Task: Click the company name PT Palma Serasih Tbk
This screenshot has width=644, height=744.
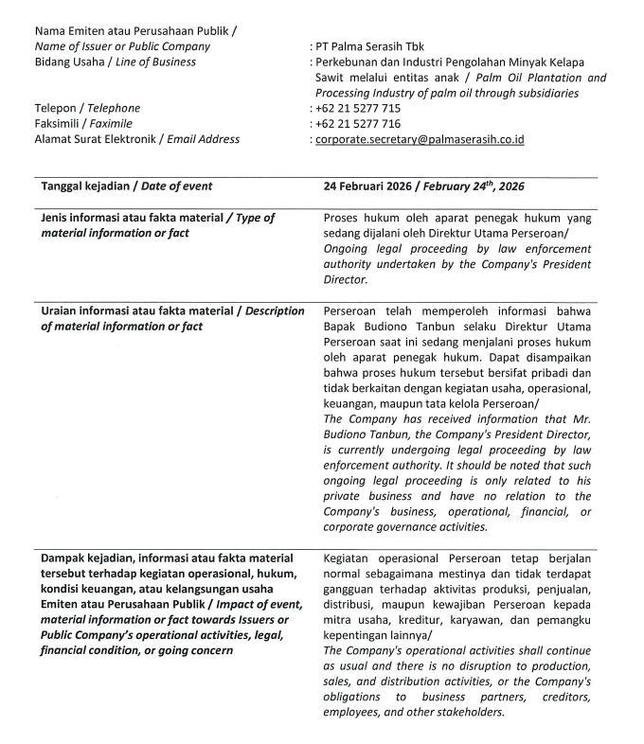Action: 370,46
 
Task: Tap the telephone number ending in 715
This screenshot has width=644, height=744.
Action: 358,108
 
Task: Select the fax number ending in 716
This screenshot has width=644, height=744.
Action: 358,123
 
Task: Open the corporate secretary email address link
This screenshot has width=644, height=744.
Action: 420,139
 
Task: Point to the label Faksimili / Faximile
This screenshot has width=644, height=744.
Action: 83,123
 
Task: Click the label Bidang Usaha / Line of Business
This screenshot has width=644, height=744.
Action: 115,62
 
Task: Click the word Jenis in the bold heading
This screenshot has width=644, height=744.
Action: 57,218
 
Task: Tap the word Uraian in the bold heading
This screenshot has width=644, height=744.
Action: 61,311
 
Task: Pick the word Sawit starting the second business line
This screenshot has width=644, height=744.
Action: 331,78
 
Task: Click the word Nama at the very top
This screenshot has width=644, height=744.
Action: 49,31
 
